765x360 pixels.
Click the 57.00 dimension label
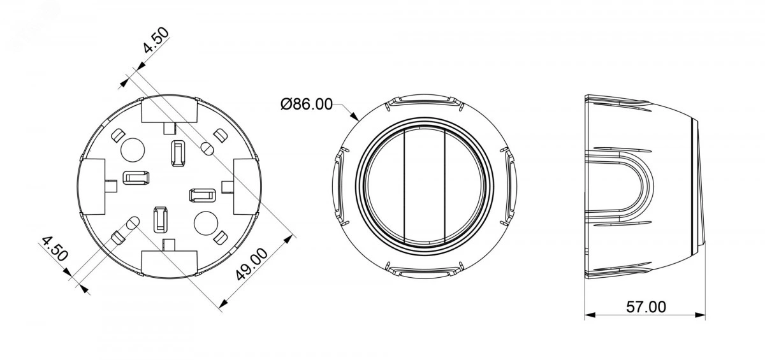646,306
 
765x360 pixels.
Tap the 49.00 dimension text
252,264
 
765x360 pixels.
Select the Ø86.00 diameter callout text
307,104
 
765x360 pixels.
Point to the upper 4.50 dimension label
156,40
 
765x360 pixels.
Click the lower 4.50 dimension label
55,248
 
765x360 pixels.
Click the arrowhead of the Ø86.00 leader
355,117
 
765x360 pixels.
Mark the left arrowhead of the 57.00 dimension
590,315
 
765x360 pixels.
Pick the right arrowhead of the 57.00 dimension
700,315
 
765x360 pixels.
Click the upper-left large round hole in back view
133,150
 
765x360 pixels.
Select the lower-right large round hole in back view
205,223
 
